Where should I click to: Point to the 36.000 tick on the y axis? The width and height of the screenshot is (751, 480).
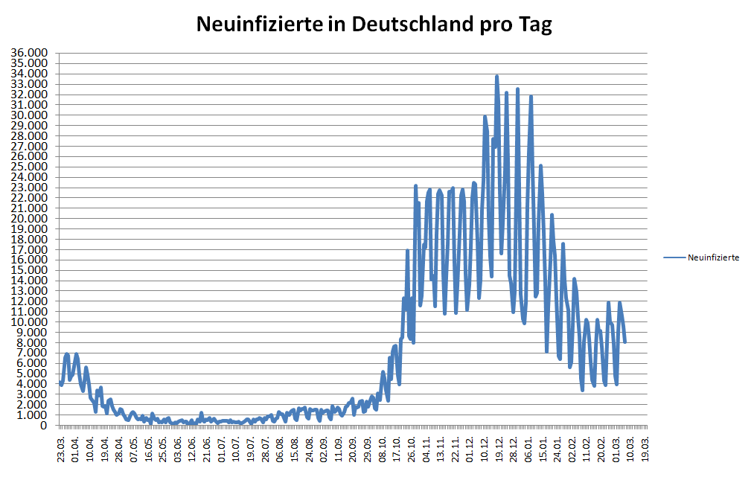(x=29, y=53)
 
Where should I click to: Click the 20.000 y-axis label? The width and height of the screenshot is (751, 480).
(x=29, y=218)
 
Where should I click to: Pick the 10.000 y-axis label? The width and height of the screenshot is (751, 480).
(x=29, y=321)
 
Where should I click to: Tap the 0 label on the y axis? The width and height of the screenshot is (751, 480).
(x=44, y=426)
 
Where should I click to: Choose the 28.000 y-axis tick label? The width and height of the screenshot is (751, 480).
(x=29, y=135)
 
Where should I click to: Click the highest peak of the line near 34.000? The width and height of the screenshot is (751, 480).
(x=496, y=76)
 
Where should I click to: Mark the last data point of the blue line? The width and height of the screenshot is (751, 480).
(x=624, y=342)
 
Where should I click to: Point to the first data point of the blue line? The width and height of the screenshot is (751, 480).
(x=61, y=383)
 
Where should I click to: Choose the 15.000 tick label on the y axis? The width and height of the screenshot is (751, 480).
(x=29, y=270)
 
